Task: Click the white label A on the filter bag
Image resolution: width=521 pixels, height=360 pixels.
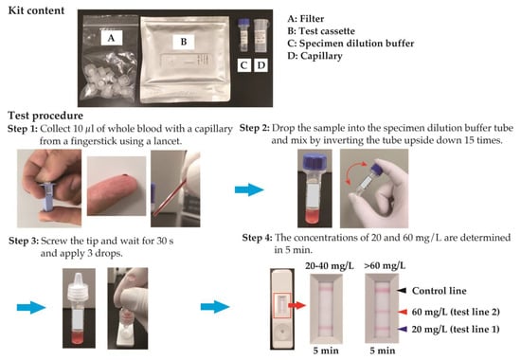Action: (112, 38)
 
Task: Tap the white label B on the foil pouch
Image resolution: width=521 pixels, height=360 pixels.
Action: (184, 42)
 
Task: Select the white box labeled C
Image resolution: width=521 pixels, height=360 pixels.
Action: (243, 65)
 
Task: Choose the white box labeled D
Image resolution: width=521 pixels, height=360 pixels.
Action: (261, 65)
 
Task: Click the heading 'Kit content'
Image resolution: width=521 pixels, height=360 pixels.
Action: (36, 10)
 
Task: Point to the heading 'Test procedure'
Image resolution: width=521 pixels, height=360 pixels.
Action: (45, 116)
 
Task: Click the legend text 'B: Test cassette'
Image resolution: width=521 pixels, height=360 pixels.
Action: (321, 31)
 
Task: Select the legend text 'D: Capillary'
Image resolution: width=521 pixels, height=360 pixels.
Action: (315, 56)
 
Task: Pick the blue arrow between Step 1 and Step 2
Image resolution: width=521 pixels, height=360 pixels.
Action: (249, 189)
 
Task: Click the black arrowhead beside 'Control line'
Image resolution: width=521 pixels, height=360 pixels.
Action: (402, 291)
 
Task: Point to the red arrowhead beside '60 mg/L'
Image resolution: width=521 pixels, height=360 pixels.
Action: (403, 312)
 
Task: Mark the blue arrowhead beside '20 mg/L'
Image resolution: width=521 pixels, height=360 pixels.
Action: (403, 329)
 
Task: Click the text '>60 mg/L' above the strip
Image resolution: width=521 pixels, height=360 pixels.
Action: (385, 266)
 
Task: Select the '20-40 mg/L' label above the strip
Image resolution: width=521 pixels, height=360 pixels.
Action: (330, 266)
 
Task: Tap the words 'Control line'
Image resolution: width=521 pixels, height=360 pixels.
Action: (440, 291)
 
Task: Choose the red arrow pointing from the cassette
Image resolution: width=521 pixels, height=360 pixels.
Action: (296, 305)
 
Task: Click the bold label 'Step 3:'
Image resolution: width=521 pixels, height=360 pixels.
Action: (24, 241)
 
